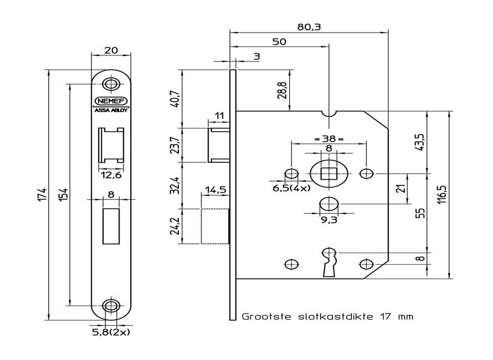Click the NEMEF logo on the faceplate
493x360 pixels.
(111, 101)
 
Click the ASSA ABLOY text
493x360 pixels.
(111, 110)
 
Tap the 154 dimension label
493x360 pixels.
(63, 194)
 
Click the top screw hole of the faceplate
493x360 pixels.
(111, 85)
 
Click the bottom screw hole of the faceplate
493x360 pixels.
(111, 305)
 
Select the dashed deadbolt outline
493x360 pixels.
(214, 225)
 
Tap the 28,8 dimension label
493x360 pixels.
(283, 90)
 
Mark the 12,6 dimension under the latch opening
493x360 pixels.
(111, 175)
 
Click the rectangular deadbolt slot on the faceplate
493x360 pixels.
(111, 225)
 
